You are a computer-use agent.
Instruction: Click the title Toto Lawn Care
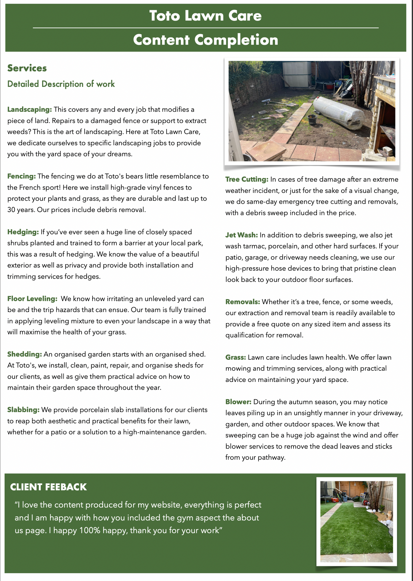pos(205,16)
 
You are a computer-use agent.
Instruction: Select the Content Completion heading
pos(205,40)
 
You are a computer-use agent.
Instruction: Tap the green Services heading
pos(27,68)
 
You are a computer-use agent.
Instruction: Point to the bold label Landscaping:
pos(29,109)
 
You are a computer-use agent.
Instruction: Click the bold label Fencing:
pos(21,176)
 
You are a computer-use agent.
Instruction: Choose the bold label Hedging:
pos(23,232)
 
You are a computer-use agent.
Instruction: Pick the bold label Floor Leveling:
pos(32,299)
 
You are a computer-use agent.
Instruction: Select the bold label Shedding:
pos(25,354)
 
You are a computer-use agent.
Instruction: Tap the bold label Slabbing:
pos(23,410)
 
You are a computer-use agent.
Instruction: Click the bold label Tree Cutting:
pos(247,179)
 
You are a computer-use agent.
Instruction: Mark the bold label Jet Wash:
pos(241,235)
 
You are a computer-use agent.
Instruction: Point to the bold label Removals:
pos(243,302)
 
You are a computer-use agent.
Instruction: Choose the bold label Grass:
pos(235,357)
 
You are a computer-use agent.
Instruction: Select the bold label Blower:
pos(238,402)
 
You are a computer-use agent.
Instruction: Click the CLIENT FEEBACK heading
pos(48,487)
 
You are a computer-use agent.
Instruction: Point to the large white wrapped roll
pos(341,112)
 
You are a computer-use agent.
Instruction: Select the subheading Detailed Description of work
pos(61,84)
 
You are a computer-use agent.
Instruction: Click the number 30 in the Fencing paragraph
pos(12,210)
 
